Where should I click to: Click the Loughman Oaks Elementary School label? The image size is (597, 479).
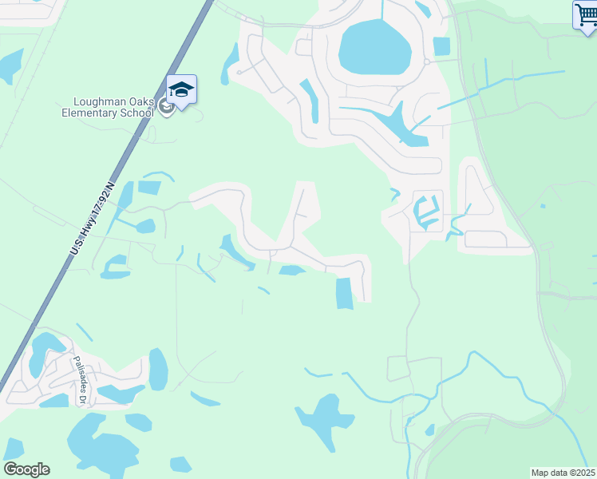(x=108, y=107)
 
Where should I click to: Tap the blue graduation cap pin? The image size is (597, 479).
(x=181, y=90)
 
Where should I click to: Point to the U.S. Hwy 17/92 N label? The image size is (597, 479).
(x=93, y=218)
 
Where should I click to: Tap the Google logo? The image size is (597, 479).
(x=26, y=469)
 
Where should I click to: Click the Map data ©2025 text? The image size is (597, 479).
(x=563, y=473)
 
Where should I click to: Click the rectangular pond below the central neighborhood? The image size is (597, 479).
(x=344, y=293)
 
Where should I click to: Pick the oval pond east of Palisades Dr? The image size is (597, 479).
(x=158, y=369)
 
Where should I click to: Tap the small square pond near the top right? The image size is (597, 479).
(x=441, y=46)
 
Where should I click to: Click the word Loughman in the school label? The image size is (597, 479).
(x=97, y=101)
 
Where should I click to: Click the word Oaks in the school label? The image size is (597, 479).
(x=139, y=101)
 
